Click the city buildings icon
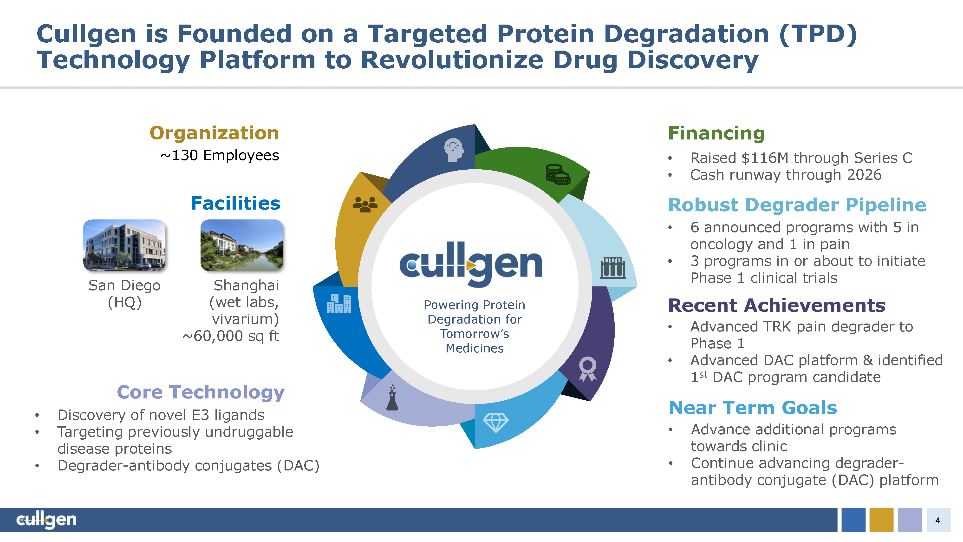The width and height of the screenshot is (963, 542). (x=339, y=303)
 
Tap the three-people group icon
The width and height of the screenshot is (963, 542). (x=365, y=205)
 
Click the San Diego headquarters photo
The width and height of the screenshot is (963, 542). (x=124, y=245)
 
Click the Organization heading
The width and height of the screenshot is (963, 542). (x=214, y=133)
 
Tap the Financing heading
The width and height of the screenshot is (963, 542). (x=716, y=133)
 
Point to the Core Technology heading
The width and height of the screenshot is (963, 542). (x=201, y=392)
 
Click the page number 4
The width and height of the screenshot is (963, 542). (x=937, y=520)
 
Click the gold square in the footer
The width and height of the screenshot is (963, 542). (x=881, y=520)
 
